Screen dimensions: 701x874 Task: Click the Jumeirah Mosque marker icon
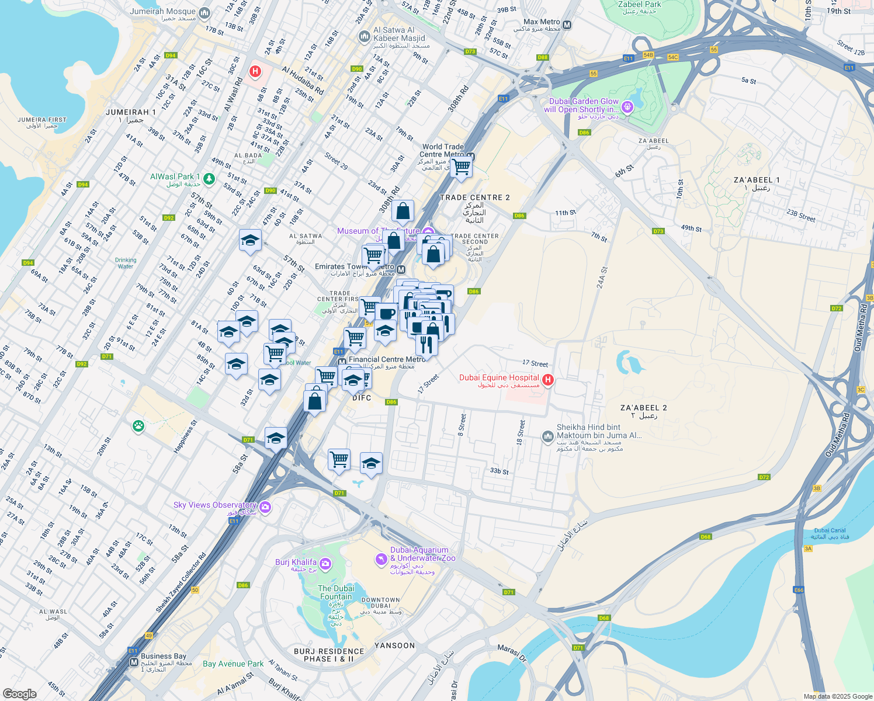tap(204, 12)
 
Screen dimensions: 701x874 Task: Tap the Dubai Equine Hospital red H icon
tap(547, 380)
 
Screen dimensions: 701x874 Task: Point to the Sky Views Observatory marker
tap(265, 506)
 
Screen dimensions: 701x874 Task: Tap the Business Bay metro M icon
tap(134, 662)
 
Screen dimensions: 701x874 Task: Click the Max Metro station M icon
tap(567, 25)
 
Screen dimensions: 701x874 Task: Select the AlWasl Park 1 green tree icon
tap(209, 177)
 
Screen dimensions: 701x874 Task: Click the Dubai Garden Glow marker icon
tap(627, 106)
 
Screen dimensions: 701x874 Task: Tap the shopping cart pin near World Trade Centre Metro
tap(462, 167)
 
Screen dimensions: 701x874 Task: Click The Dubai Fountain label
tap(336, 592)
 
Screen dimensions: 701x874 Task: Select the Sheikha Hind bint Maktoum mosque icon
tap(548, 436)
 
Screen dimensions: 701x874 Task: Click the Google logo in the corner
tap(19, 693)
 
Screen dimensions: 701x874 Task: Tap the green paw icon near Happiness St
tap(138, 426)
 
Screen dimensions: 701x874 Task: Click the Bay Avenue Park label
tap(233, 664)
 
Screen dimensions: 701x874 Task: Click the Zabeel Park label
tap(639, 5)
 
